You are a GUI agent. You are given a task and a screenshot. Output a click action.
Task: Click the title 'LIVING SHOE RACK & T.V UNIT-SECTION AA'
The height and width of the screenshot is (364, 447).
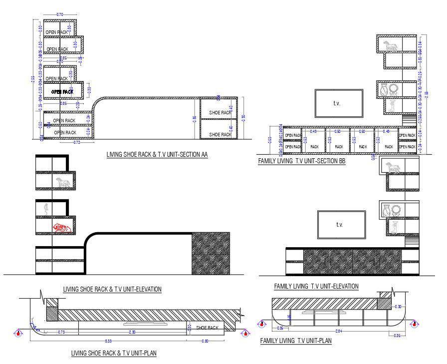pos(157,155)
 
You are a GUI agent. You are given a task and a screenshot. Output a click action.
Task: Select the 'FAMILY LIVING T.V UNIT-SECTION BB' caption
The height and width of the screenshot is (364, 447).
pos(301,162)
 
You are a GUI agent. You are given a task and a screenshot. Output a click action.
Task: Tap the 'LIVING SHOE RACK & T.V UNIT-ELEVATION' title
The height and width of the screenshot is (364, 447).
pos(112,289)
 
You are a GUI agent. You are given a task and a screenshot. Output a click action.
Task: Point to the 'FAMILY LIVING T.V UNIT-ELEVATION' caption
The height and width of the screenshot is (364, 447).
pos(316,286)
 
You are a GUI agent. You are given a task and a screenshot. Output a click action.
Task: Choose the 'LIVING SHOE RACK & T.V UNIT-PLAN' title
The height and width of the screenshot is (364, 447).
pos(114,354)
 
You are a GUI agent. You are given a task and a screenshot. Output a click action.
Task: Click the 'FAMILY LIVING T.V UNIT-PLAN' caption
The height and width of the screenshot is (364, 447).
pos(296,341)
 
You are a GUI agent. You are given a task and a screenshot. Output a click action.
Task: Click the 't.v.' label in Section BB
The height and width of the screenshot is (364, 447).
pos(339,103)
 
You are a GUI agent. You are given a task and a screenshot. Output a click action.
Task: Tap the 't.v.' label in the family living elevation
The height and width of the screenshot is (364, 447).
pos(340,225)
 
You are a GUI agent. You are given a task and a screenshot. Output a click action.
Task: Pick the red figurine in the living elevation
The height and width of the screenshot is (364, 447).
pos(62,228)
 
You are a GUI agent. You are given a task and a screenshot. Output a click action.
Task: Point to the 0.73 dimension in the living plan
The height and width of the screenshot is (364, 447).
pos(61,333)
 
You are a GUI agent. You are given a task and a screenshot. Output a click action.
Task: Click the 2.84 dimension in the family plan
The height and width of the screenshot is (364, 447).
pos(339,331)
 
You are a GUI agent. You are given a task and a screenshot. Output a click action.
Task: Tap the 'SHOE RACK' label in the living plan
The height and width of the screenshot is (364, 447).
pos(208,328)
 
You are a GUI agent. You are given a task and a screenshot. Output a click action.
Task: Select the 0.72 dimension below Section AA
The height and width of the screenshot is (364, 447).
pos(77,143)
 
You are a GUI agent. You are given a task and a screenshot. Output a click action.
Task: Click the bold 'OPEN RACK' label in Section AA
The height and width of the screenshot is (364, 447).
pos(62,92)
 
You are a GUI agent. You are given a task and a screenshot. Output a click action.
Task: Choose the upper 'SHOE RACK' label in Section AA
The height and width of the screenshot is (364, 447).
pos(220,113)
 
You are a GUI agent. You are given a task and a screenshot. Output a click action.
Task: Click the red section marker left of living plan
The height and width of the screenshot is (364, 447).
pos(18,333)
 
